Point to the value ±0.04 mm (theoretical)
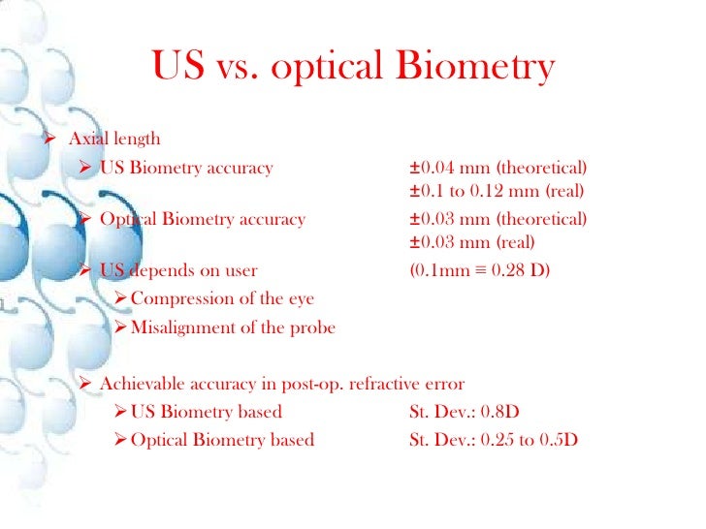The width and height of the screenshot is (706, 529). [497, 168]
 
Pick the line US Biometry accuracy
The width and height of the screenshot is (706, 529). [186, 169]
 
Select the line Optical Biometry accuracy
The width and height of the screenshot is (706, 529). [202, 219]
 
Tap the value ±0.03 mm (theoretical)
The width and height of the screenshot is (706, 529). [497, 219]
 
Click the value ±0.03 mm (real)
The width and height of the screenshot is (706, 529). [471, 242]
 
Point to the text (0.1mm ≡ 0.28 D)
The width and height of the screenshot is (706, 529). [479, 269]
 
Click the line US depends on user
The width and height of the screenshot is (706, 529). [178, 269]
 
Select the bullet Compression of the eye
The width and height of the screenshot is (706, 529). [221, 298]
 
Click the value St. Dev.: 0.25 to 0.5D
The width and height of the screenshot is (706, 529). [494, 440]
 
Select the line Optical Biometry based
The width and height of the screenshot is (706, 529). [221, 440]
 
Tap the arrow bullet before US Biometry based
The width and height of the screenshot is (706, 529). [120, 412]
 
